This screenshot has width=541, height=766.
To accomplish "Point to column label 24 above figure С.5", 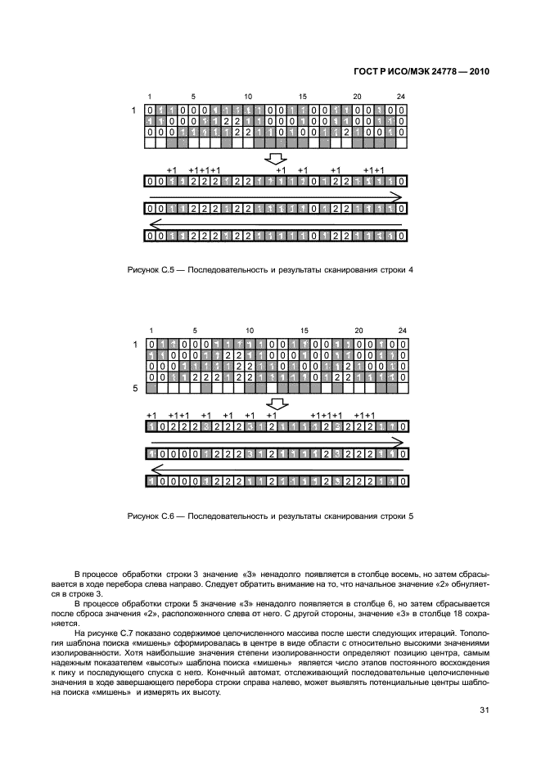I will pos(401,96).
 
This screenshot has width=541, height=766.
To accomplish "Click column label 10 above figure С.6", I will pos(248,330).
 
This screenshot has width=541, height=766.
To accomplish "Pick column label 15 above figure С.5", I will pos(303,96).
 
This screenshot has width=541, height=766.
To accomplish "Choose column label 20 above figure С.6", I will pos(358,330).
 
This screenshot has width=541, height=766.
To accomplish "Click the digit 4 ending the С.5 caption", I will pos(411,269).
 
